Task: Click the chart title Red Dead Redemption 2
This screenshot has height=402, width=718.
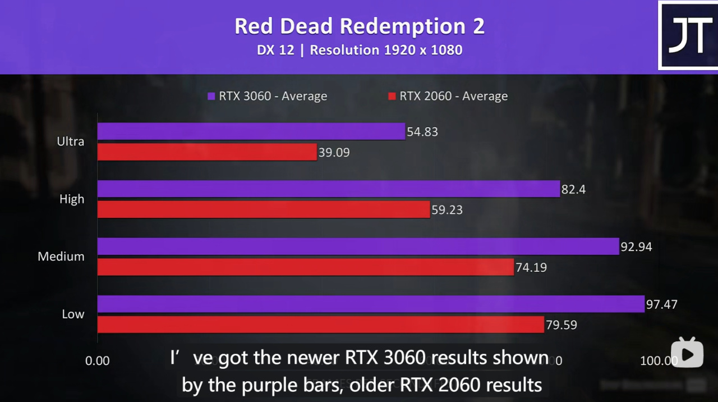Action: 359,26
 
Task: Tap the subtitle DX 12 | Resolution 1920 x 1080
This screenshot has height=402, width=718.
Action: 359,50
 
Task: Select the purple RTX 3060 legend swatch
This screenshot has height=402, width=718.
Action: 211,96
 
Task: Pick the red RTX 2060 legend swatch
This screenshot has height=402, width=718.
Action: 392,96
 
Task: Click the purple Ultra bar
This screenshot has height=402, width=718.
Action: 251,131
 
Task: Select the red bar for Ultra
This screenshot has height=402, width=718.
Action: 208,152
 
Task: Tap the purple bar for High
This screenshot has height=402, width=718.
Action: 329,189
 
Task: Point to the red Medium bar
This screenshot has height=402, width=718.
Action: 306,267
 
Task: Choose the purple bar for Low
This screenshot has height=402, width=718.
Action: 371,304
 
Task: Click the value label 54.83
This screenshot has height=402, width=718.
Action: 422,132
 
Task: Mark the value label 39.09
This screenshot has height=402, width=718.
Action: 334,152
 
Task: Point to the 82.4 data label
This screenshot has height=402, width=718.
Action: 573,190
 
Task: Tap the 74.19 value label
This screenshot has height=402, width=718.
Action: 531,268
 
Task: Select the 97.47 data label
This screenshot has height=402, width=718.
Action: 662,305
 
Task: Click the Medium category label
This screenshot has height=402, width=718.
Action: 61,257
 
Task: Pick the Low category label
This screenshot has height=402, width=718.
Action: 73,314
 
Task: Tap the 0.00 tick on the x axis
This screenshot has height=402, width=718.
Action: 98,360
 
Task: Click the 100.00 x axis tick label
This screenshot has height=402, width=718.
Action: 659,360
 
